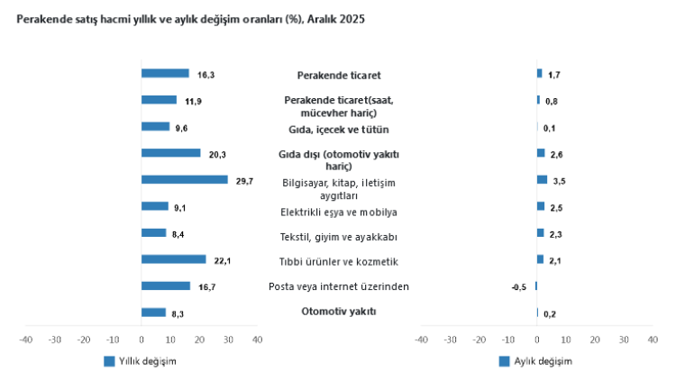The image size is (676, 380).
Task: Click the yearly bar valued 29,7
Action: coord(184,179)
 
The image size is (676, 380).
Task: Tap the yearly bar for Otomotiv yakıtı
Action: coord(153,312)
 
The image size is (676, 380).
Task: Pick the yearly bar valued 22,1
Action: coord(173,259)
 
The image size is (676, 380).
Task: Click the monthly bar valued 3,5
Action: coord(542,179)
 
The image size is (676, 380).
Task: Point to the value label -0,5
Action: coord(518,287)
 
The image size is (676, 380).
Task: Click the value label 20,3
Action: coord(217,154)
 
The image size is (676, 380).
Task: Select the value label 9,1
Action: coord(181,208)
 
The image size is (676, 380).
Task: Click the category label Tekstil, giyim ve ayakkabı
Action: coord(337,237)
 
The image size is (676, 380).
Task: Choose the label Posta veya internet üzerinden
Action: coord(338,287)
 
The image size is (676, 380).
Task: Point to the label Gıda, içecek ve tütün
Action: coord(337,129)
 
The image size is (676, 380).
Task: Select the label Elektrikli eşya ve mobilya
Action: coord(338,212)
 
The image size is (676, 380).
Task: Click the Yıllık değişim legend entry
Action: coord(139,361)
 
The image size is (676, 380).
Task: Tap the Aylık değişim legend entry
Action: coord(535,361)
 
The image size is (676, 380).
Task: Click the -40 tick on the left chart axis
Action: coord(25,339)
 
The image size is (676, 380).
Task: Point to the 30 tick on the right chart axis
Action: coord(624,339)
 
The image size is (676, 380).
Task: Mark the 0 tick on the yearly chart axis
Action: coord(142,339)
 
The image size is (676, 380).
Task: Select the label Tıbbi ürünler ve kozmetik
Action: coord(337,262)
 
